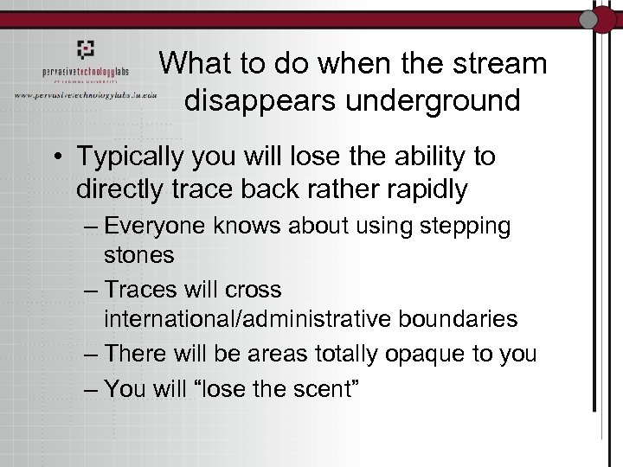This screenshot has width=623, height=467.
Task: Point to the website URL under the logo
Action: click(x=85, y=95)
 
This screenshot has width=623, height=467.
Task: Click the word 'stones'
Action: click(x=139, y=256)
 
